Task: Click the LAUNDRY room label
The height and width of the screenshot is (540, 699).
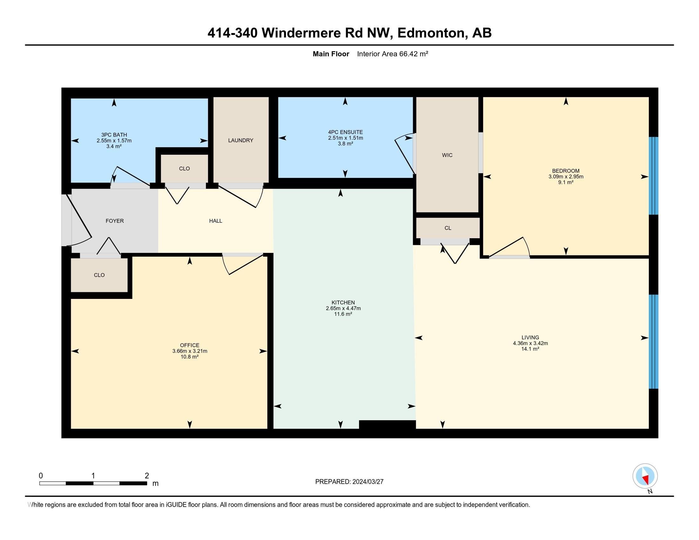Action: (241, 140)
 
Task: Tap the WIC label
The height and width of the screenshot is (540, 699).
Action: (447, 155)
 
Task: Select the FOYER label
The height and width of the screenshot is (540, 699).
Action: (115, 221)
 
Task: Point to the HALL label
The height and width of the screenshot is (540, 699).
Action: (216, 221)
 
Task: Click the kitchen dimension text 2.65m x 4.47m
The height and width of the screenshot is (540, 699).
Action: (343, 308)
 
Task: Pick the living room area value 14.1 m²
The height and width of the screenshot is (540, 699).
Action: (530, 349)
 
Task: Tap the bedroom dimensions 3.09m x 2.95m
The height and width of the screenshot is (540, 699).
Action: (566, 177)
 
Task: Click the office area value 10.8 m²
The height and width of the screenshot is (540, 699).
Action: (189, 357)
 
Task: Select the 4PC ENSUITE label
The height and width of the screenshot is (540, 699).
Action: (345, 132)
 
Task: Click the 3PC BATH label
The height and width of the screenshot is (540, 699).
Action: (114, 135)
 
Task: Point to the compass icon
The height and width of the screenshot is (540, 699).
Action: (645, 476)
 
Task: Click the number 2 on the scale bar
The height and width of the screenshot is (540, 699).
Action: (147, 476)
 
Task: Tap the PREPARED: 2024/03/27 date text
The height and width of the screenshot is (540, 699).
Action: (349, 482)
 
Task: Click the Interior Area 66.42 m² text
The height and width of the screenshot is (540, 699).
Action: (393, 54)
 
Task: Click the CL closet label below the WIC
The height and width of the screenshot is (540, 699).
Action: (448, 228)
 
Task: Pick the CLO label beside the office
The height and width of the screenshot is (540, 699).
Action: (99, 275)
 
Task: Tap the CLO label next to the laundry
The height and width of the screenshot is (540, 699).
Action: (184, 169)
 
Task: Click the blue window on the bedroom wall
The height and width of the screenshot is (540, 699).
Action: (653, 176)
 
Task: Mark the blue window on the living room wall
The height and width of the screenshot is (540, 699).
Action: (653, 342)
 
